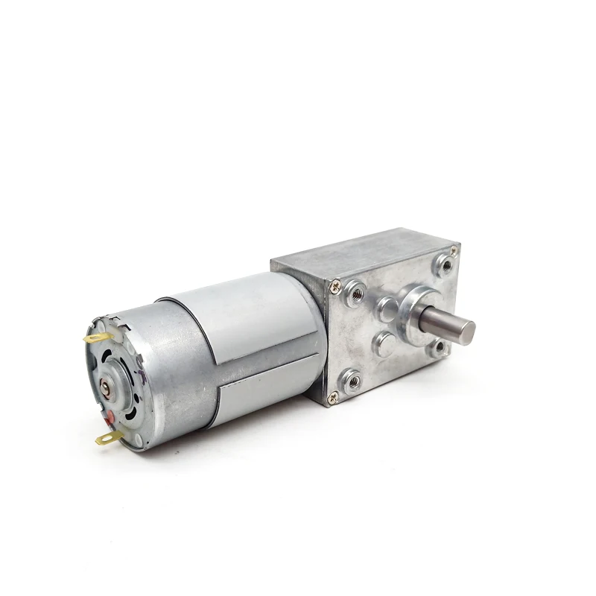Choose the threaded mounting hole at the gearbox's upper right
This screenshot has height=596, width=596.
coord(444,262)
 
